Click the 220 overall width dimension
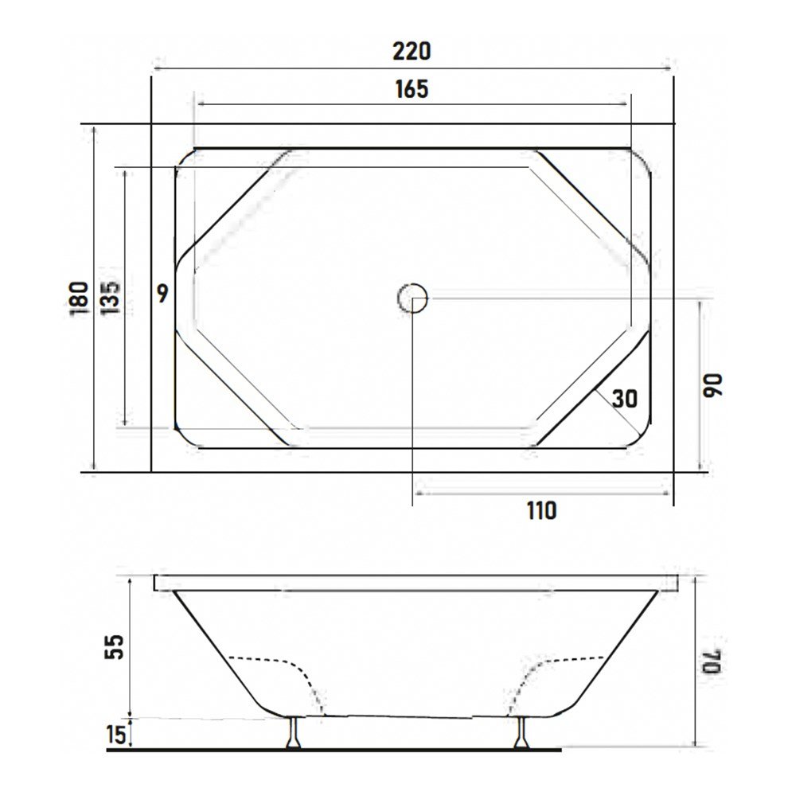tap(412, 51)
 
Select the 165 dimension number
tap(412, 88)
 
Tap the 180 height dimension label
tap(78, 298)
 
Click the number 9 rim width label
tap(162, 295)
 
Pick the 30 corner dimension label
tap(625, 398)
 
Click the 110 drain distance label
tap(541, 510)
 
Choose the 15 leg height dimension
tap(116, 734)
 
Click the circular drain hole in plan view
tap(412, 298)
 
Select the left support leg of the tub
tap(295, 731)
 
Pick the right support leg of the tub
tap(522, 731)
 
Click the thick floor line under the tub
tap(334, 749)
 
